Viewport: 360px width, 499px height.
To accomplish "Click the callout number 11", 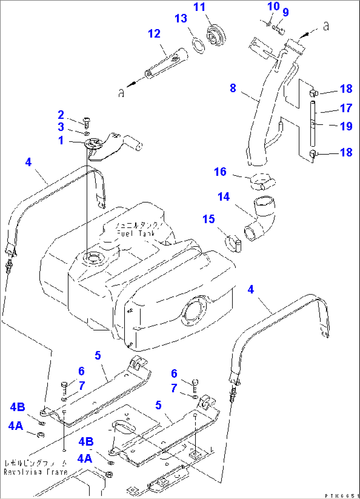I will click(199, 7).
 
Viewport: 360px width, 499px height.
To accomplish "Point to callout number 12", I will click(154, 33).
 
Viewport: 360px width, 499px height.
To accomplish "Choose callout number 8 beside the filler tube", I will click(233, 88).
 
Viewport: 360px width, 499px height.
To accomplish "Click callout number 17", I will click(346, 108).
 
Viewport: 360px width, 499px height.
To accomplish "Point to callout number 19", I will click(346, 126).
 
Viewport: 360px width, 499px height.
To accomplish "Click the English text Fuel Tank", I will click(136, 234).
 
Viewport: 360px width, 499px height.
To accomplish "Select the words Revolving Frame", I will click(35, 472).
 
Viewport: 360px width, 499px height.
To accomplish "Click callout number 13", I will click(181, 19).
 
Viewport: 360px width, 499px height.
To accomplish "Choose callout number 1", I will click(61, 140).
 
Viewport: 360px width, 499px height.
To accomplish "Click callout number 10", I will click(273, 6).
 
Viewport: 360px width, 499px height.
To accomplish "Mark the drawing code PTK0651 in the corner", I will click(342, 496).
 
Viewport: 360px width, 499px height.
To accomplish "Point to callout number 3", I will click(61, 127).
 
